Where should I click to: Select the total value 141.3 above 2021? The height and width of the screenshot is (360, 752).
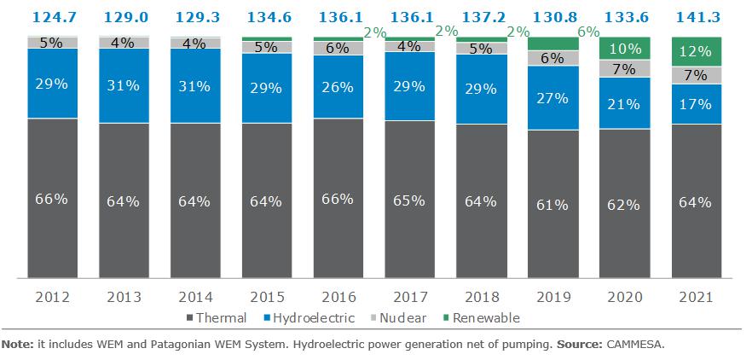(696, 15)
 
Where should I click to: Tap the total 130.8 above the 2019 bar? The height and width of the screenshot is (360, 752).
(552, 15)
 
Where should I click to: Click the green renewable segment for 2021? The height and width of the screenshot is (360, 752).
(696, 51)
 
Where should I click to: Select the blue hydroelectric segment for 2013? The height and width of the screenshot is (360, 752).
(124, 85)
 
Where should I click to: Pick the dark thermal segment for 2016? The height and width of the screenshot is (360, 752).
(338, 198)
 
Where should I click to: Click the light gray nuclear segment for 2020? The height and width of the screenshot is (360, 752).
(624, 68)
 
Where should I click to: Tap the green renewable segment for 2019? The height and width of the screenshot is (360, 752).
(552, 44)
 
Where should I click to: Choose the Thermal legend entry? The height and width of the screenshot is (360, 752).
(215, 318)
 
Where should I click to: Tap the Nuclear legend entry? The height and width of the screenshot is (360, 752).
(395, 318)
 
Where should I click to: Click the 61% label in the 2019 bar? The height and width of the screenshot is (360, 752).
(552, 205)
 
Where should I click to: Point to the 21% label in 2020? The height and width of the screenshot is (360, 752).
(624, 103)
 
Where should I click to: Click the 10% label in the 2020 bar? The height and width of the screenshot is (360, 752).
(624, 48)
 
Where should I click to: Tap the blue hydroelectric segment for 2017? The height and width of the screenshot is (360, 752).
(409, 86)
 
